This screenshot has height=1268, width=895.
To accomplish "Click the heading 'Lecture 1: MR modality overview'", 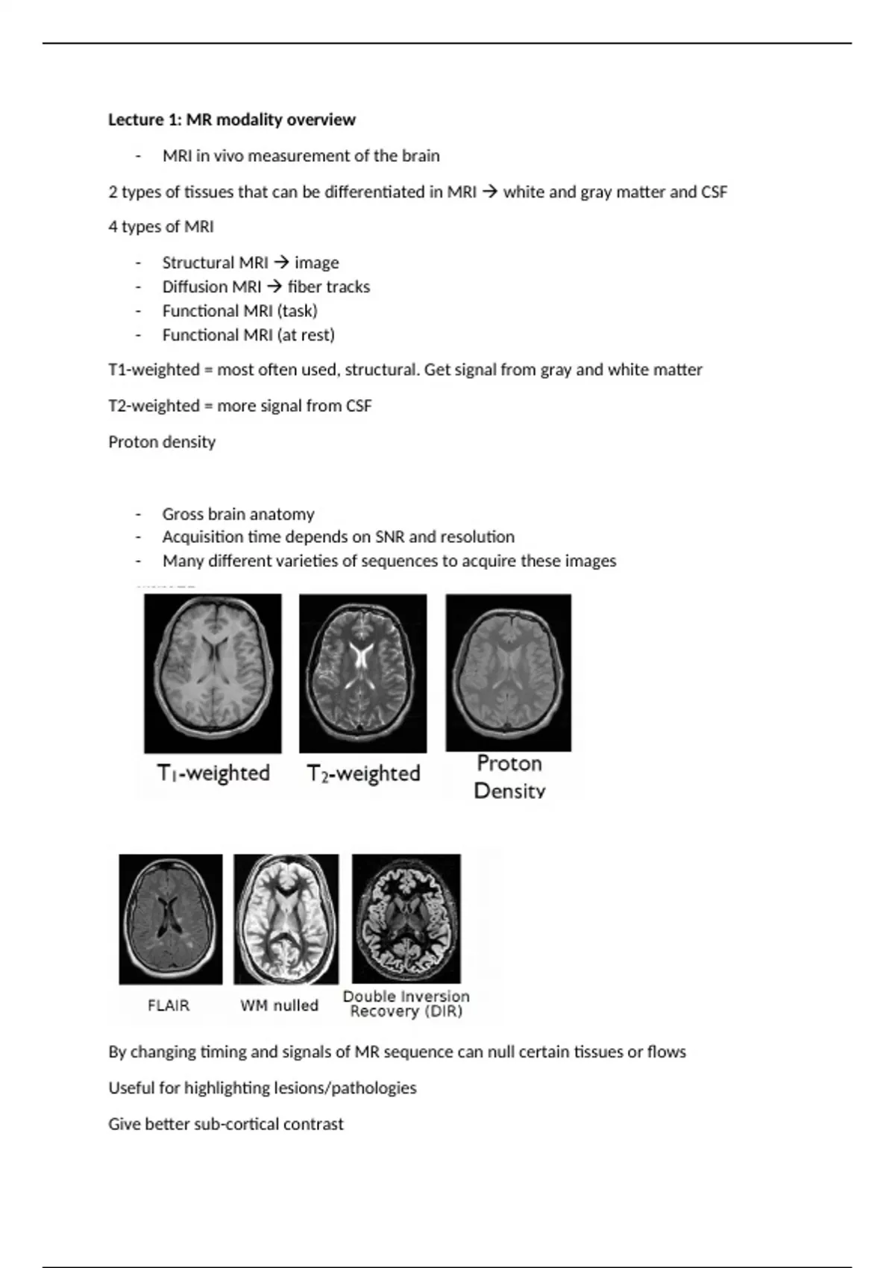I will click(x=232, y=119).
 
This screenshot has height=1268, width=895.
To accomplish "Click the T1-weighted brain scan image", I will click(x=213, y=673).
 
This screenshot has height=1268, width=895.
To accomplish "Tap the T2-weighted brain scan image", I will click(x=363, y=673).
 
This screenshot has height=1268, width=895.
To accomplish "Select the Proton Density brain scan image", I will click(x=509, y=672).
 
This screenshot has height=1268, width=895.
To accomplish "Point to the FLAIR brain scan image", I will click(x=171, y=919).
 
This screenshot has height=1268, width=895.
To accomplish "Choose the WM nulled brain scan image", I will click(x=286, y=919).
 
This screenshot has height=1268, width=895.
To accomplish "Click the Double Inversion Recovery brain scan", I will click(x=406, y=919).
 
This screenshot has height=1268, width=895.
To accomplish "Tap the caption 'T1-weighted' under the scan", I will click(x=213, y=773).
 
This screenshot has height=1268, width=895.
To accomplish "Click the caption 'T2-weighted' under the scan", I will click(x=363, y=773).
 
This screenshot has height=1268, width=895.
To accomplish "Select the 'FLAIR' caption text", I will click(x=169, y=1005).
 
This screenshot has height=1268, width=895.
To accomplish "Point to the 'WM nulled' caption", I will click(x=279, y=1005).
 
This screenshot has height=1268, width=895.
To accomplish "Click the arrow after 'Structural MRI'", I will click(x=281, y=263).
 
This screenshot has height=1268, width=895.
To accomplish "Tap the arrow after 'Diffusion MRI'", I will click(x=274, y=286).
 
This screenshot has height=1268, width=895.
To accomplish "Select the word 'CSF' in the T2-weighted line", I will click(x=359, y=406).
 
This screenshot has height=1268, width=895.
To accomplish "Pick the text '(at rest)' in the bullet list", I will click(x=306, y=335).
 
